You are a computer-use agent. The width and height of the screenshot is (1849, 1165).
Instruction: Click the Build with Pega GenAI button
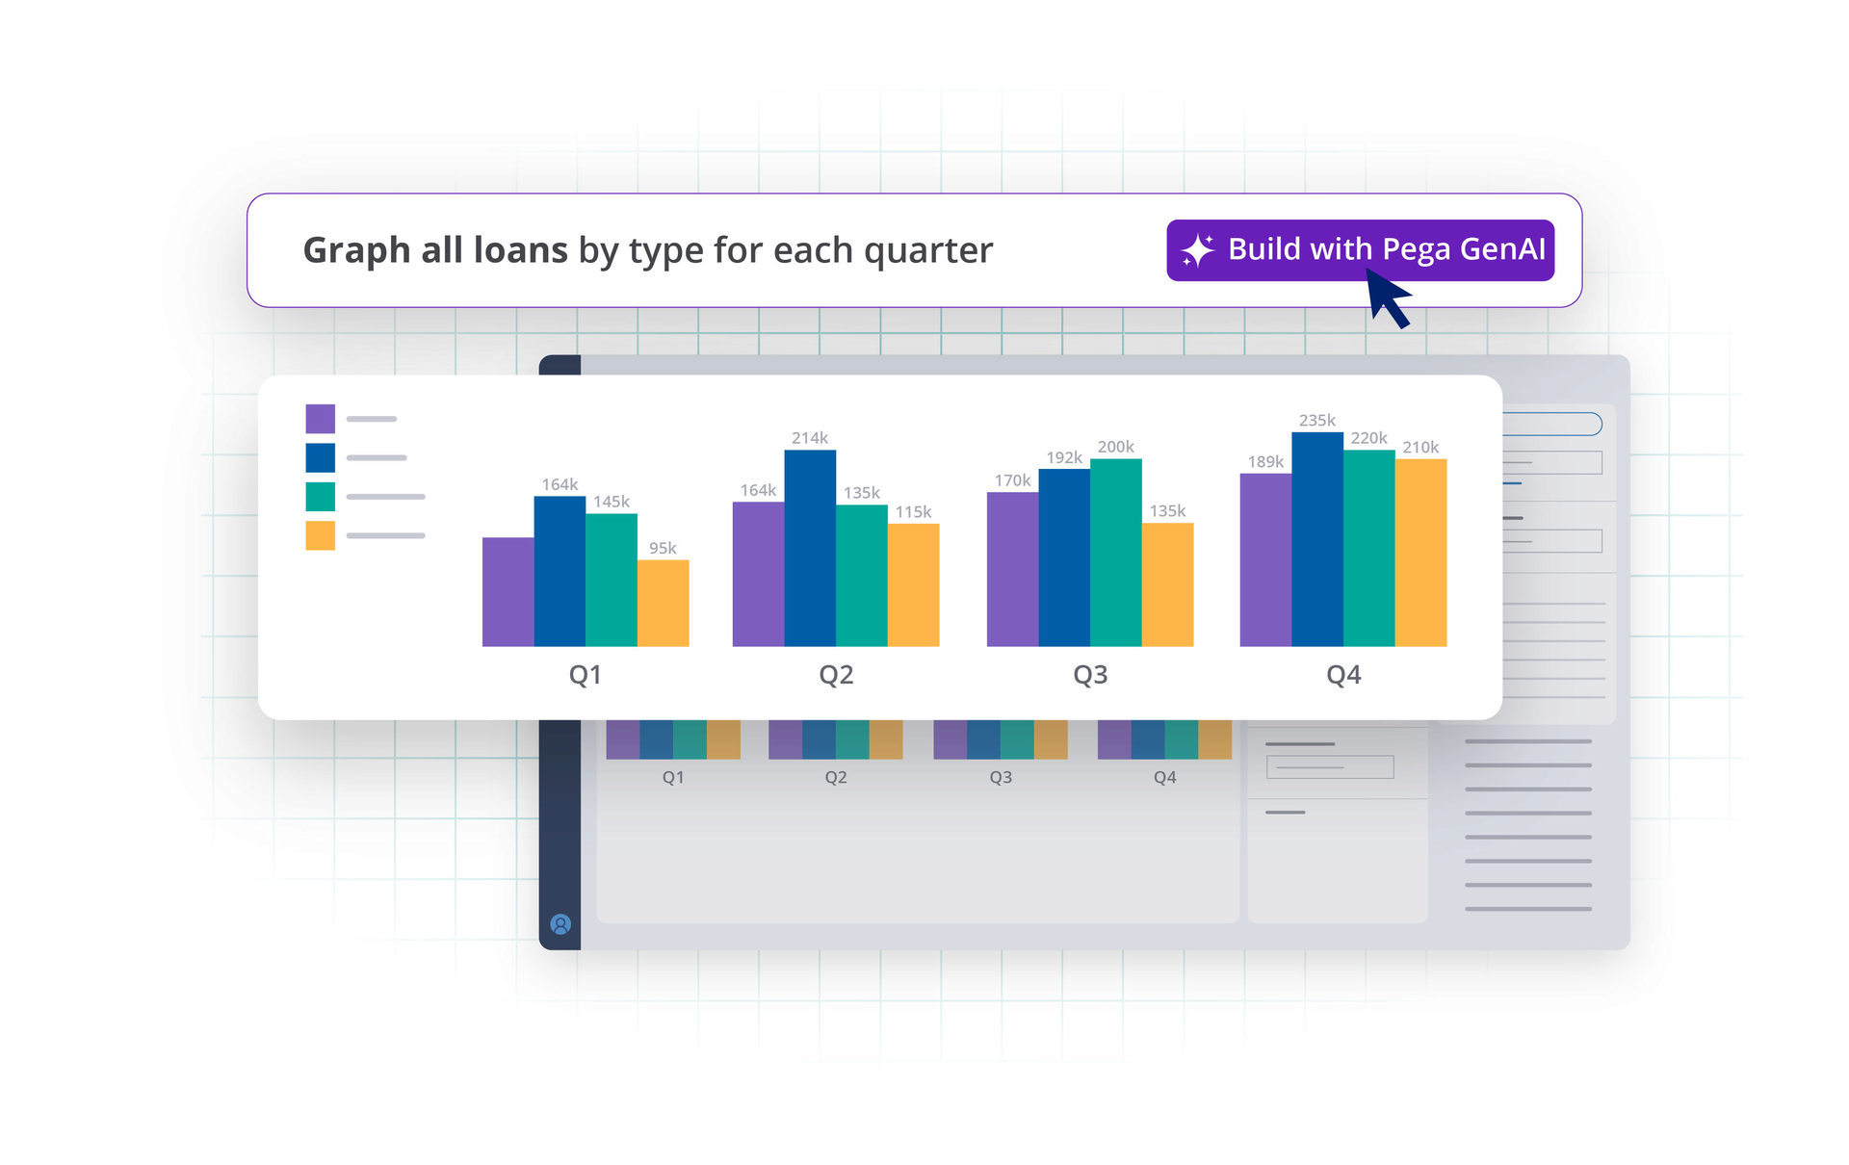(x=1360, y=250)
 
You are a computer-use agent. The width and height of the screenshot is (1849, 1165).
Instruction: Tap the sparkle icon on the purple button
(x=1198, y=250)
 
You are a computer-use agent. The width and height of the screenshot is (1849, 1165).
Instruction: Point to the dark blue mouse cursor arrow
(x=1388, y=298)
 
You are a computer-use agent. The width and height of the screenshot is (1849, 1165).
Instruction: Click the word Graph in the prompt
(x=356, y=251)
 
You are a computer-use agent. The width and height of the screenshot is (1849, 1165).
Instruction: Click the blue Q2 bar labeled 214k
(x=810, y=548)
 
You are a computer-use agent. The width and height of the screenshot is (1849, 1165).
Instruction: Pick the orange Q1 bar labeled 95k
(x=663, y=603)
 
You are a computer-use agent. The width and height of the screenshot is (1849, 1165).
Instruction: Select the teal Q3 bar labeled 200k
(x=1116, y=553)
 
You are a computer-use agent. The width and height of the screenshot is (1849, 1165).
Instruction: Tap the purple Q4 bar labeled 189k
(x=1265, y=559)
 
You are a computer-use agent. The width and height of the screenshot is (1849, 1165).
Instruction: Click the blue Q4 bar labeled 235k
(x=1317, y=539)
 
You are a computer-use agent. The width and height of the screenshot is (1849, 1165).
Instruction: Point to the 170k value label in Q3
(x=1012, y=480)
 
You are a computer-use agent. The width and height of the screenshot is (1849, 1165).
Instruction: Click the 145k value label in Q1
(x=612, y=502)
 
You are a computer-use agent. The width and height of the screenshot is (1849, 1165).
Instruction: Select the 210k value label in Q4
(x=1420, y=447)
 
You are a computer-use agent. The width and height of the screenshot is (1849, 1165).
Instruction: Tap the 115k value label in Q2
(x=913, y=512)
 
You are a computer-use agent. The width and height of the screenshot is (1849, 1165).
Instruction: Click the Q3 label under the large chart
(x=1090, y=674)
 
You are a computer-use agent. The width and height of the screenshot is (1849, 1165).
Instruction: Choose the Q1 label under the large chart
(x=585, y=674)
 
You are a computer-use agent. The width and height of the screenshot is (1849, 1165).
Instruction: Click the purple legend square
(x=321, y=419)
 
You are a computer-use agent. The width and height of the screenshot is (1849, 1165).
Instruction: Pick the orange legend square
(x=321, y=535)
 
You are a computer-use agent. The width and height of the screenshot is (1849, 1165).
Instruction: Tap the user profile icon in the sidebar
(x=560, y=924)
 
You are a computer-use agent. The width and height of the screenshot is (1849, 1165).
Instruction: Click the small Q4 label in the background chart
(x=1164, y=777)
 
